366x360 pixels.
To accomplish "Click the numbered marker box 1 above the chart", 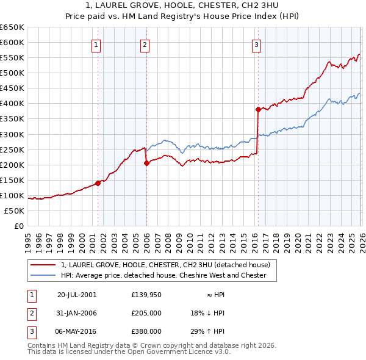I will point(97,44).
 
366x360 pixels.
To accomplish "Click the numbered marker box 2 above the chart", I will point(145,44).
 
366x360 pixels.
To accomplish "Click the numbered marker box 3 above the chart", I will point(256,44).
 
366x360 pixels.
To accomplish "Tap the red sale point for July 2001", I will point(98,183).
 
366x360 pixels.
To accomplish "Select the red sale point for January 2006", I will point(146,163).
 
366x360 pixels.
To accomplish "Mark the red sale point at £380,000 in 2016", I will point(257,110).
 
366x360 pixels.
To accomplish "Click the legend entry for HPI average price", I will point(163,275).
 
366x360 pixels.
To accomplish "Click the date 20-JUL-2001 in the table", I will point(76,294).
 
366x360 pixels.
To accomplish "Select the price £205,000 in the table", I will point(146,312).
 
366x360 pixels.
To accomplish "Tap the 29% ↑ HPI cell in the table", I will point(207,331).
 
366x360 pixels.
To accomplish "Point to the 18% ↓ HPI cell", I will point(207,312).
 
